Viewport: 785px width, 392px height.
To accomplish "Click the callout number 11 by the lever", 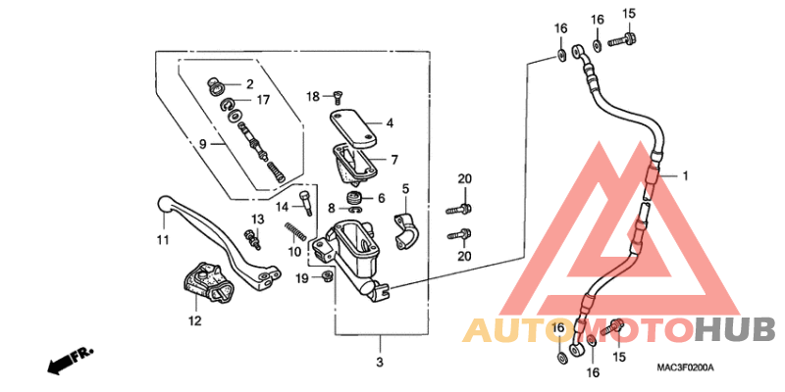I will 163,240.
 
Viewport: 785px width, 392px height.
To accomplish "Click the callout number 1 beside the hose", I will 686,176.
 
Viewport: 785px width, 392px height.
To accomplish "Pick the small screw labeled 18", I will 336,97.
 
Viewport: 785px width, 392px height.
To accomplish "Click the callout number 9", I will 203,143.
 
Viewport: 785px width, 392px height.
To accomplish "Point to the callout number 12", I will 194,320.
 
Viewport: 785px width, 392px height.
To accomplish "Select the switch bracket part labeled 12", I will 205,283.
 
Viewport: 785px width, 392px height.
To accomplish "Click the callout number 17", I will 263,100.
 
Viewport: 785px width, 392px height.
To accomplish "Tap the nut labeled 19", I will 327,278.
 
